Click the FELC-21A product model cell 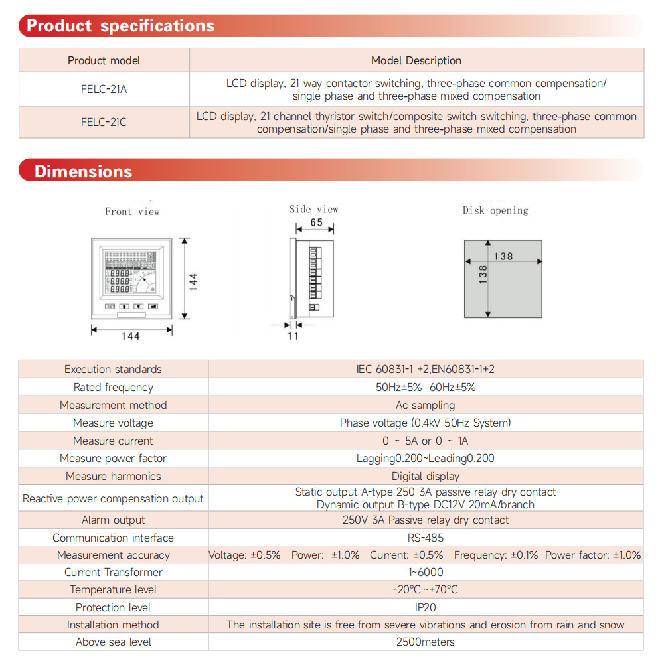point(104,89)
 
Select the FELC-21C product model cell point(104,123)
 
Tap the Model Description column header point(416,60)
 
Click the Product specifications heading point(120,26)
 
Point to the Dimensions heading point(83,171)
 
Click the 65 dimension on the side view point(317,222)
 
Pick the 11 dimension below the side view point(293,336)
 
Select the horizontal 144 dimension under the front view point(131,336)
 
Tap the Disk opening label point(495,210)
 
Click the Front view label point(132,212)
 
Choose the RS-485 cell point(426,538)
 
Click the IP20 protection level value point(426,607)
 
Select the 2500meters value point(426,642)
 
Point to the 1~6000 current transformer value point(426,572)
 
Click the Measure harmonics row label point(113,476)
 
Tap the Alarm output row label point(113,520)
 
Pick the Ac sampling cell point(426,405)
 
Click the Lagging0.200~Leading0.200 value point(426,458)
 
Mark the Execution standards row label point(113,369)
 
